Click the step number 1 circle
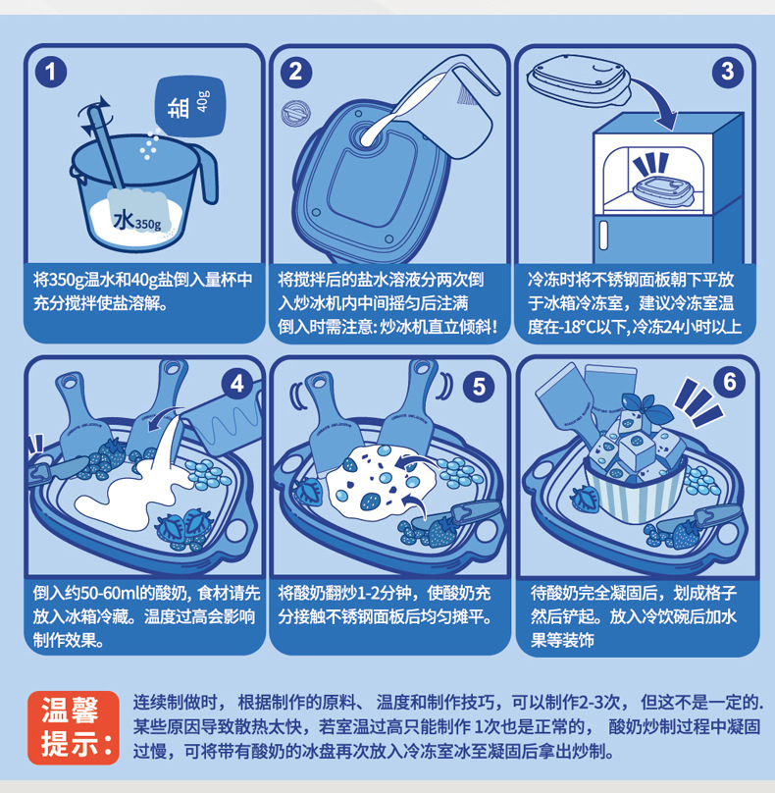51,72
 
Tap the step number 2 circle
295,72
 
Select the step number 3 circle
728,72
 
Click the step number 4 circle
237,385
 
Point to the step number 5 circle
479,387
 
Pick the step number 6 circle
729,382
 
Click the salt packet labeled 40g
190,107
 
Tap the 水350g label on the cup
137,221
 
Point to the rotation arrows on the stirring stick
96,115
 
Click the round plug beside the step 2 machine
295,113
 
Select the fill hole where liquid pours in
369,135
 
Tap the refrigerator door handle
603,236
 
